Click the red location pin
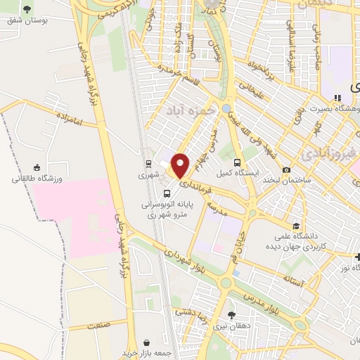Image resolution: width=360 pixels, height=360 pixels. coord(181,164)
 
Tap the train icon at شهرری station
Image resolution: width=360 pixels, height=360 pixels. coord(148,161)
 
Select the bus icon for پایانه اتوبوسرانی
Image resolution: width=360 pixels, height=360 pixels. coord(167,193)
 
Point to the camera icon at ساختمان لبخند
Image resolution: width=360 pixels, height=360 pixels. coord(286,169)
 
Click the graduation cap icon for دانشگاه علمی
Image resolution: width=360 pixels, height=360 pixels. coord(296,226)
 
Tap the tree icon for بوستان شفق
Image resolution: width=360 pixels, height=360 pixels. coord(27,9)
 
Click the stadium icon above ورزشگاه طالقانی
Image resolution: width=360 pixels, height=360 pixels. coord(37,167)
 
